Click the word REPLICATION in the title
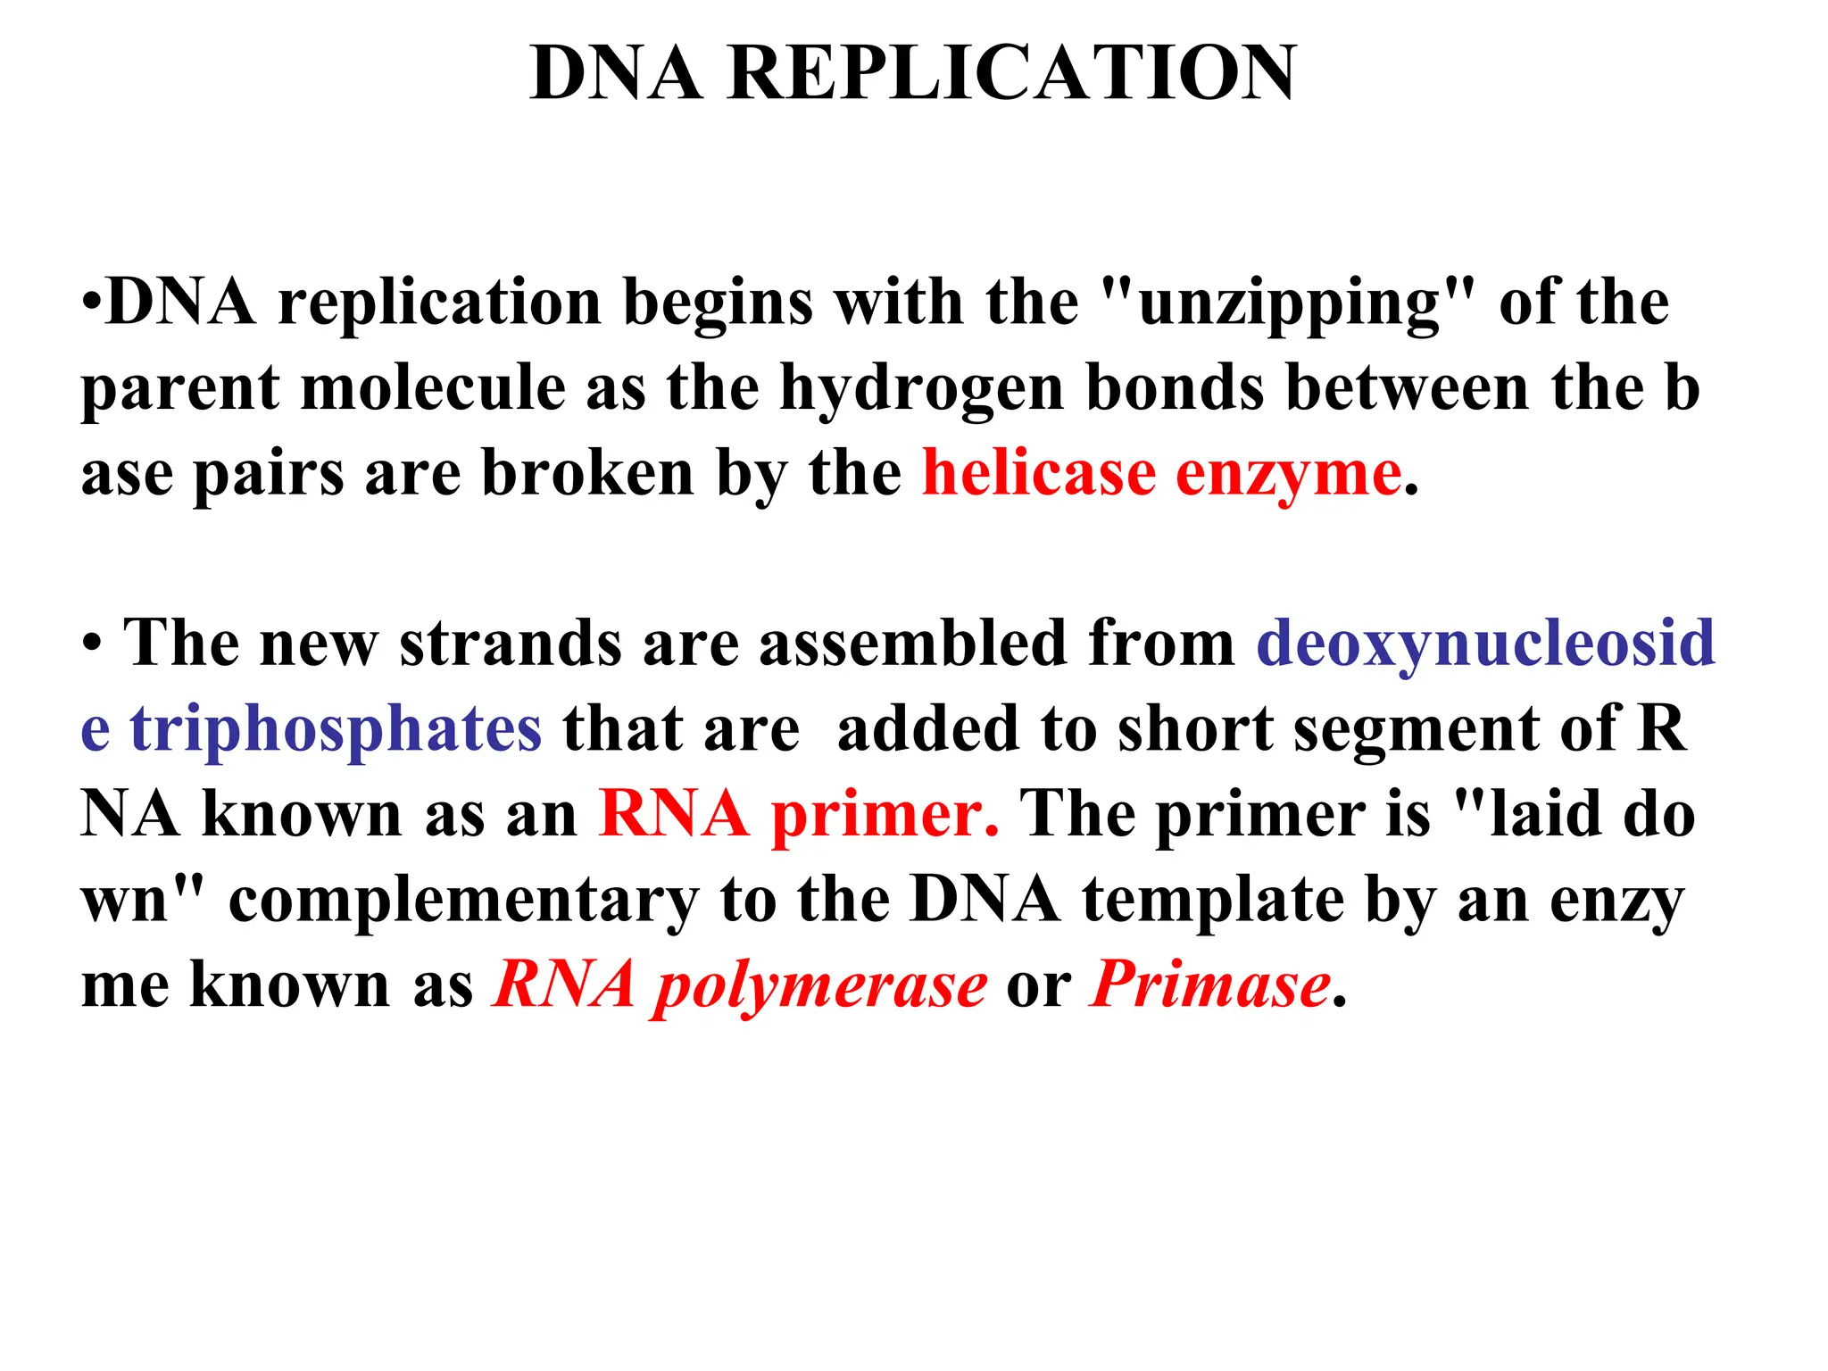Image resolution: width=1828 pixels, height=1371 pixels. tap(1012, 73)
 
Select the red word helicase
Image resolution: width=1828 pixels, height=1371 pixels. tap(1039, 473)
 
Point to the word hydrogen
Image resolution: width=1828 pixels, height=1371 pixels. tap(921, 390)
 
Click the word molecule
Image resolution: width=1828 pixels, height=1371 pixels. tap(433, 388)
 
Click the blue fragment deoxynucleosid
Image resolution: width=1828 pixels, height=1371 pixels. tap(1485, 644)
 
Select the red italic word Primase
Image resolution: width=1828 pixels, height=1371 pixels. tap(1210, 985)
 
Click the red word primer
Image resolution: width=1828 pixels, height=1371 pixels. tap(885, 815)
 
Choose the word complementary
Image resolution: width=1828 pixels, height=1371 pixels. tap(464, 902)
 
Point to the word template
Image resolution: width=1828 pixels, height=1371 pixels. tap(1213, 902)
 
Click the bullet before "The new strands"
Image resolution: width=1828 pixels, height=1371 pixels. tap(92, 644)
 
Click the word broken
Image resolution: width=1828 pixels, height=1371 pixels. tap(587, 473)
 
